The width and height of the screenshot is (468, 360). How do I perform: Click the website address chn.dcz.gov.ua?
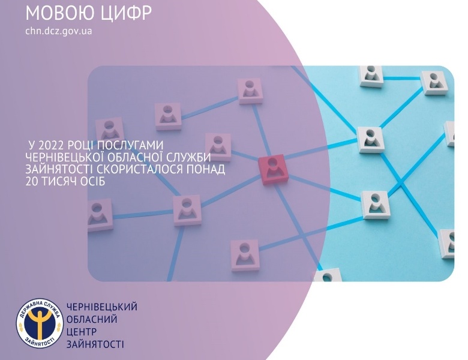[59, 31]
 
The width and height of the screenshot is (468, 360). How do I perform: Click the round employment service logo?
[40, 324]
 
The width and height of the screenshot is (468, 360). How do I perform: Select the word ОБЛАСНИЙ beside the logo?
[92, 319]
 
